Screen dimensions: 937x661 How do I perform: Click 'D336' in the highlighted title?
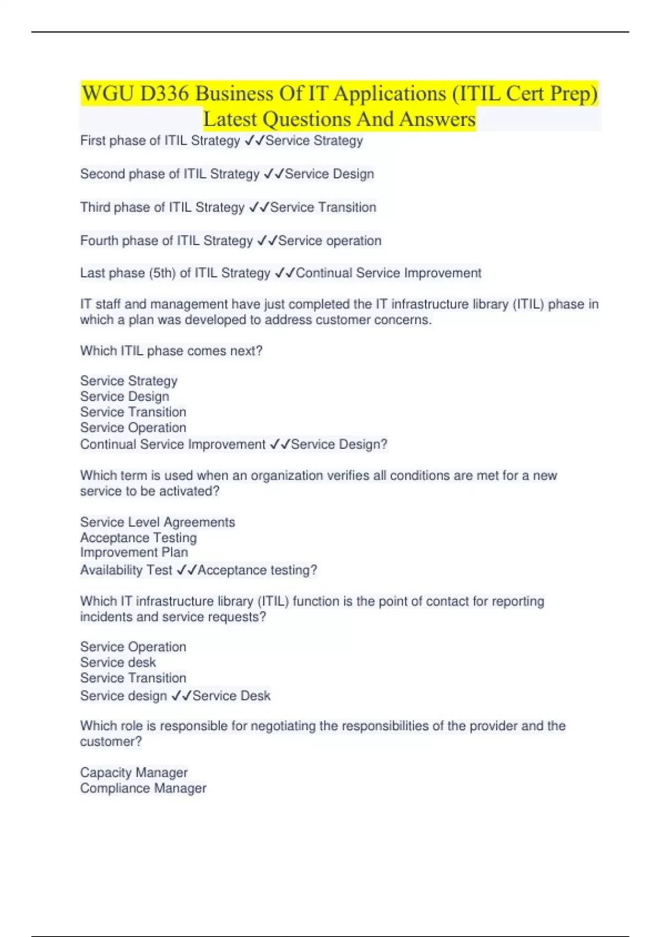tap(164, 94)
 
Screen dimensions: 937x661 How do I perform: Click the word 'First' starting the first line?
tap(93, 141)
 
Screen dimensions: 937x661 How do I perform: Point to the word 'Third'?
tap(95, 207)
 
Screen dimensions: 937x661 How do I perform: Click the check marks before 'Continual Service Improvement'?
tap(285, 273)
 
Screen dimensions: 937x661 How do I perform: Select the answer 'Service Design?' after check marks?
tap(339, 444)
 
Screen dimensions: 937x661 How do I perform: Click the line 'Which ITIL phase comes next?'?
tap(171, 351)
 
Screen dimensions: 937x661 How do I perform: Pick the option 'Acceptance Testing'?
tap(138, 537)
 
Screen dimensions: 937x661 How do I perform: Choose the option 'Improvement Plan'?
tap(134, 552)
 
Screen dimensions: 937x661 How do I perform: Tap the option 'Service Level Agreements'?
tap(158, 522)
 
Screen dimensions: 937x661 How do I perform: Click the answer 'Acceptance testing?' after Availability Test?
tap(257, 570)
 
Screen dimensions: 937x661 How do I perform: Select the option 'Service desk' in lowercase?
tap(118, 662)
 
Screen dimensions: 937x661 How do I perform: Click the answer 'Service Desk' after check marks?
tap(231, 696)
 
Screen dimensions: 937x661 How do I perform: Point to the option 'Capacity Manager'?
tap(134, 772)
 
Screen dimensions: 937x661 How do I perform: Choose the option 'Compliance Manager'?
tap(143, 788)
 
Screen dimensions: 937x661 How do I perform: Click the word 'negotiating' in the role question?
tap(283, 726)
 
